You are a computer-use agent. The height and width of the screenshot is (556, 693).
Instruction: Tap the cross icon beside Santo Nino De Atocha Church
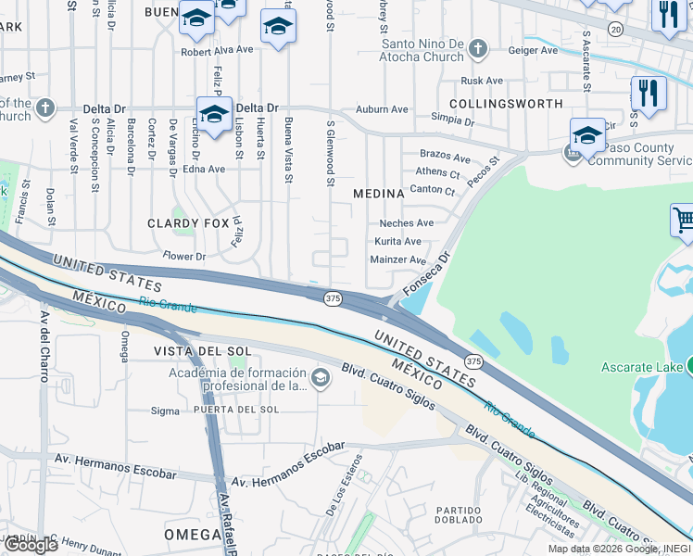[477, 48]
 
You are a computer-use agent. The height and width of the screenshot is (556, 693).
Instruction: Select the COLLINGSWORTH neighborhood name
[506, 103]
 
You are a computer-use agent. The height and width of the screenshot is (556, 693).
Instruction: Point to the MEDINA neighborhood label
[379, 194]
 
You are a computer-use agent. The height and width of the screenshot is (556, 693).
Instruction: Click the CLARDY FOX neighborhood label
[188, 223]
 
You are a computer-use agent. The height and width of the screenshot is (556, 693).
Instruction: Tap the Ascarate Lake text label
[641, 367]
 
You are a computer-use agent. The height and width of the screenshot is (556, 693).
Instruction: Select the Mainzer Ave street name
[398, 260]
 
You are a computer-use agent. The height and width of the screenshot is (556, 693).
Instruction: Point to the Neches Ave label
[406, 223]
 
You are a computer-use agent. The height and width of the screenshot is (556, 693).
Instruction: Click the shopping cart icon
[684, 221]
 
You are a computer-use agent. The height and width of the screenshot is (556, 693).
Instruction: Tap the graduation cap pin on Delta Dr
[214, 115]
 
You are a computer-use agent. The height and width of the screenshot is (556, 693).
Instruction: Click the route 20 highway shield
[616, 30]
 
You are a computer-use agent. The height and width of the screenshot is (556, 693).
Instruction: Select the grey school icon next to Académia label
[321, 376]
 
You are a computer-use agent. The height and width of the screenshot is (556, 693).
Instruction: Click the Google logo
[31, 544]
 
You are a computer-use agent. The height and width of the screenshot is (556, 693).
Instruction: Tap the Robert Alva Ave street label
[217, 51]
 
